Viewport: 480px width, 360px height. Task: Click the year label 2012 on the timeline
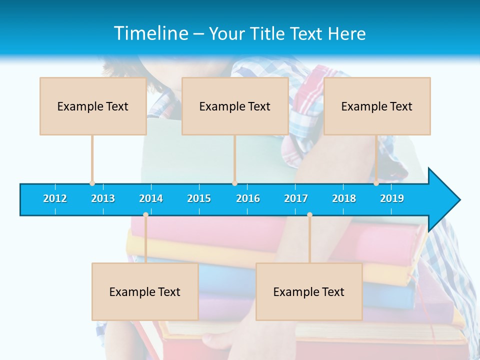(x=55, y=199)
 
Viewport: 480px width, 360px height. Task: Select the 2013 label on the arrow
(x=103, y=199)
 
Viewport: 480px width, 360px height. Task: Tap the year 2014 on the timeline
(x=151, y=199)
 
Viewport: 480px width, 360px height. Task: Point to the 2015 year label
(x=199, y=199)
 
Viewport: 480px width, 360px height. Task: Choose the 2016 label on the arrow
(x=248, y=199)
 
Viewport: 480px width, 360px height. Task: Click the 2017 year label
(x=296, y=199)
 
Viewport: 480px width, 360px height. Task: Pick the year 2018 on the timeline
(x=344, y=199)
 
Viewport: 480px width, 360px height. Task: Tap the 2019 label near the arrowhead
(x=392, y=199)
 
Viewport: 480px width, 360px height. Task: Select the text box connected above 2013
(x=93, y=106)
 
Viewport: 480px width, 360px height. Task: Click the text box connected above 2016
(x=235, y=106)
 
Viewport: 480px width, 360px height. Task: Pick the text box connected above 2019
(x=377, y=106)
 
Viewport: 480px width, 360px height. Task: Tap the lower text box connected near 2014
(x=145, y=291)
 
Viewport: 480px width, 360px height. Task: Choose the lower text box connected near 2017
(x=309, y=291)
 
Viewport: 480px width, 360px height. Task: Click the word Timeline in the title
(x=150, y=33)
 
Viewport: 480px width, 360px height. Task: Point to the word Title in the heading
(x=269, y=33)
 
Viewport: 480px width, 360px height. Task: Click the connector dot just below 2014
(x=145, y=215)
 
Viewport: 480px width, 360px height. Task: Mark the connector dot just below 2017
(x=309, y=215)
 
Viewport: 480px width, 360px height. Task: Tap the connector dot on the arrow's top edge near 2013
(x=92, y=183)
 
